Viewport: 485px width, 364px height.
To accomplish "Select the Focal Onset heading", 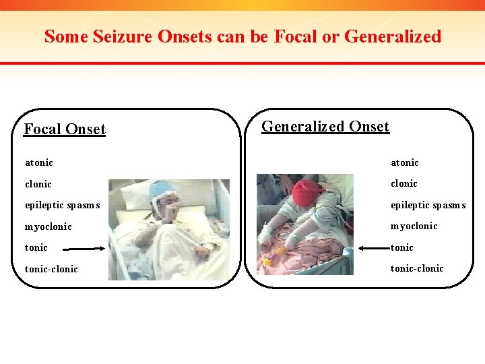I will (x=65, y=129).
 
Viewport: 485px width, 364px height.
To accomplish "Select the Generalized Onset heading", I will (x=325, y=126).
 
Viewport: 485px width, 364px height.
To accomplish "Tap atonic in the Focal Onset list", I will (x=39, y=162).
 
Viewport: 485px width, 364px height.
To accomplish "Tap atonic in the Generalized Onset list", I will (x=404, y=162).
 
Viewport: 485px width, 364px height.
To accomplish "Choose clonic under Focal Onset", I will (x=38, y=184).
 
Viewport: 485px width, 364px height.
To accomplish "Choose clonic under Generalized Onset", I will (x=403, y=183).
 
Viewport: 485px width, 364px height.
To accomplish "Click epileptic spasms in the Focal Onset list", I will (x=62, y=205).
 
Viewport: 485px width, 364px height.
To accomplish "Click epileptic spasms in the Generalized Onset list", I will (x=428, y=205).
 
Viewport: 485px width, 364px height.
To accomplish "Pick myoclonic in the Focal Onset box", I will (x=48, y=226).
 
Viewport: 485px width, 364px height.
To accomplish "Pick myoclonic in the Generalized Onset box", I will (x=414, y=226).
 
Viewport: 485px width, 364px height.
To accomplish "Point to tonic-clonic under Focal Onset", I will (x=51, y=269).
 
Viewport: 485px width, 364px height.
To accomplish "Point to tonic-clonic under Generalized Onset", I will (x=417, y=268).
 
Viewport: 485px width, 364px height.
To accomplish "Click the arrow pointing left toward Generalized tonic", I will (x=373, y=247).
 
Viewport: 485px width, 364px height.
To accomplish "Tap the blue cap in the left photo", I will (x=161, y=189).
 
